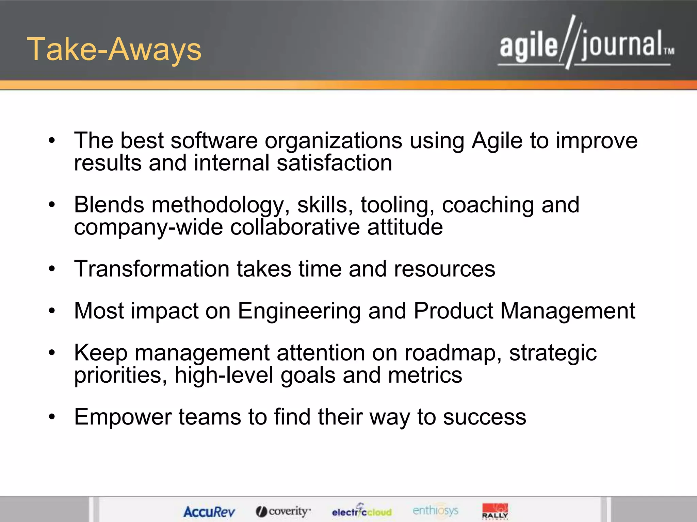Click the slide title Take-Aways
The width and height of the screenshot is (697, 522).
[114, 50]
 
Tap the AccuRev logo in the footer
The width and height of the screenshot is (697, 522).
[209, 511]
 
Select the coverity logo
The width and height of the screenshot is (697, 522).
[283, 511]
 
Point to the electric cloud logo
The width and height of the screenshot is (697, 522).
[362, 511]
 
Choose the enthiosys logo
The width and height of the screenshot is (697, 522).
[435, 510]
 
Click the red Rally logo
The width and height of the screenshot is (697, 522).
[495, 511]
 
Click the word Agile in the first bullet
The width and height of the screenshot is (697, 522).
[497, 141]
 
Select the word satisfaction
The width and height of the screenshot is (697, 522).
[334, 163]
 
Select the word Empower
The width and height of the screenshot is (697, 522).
[123, 417]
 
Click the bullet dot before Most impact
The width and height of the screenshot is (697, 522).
[51, 311]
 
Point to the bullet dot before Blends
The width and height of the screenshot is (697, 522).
[51, 205]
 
